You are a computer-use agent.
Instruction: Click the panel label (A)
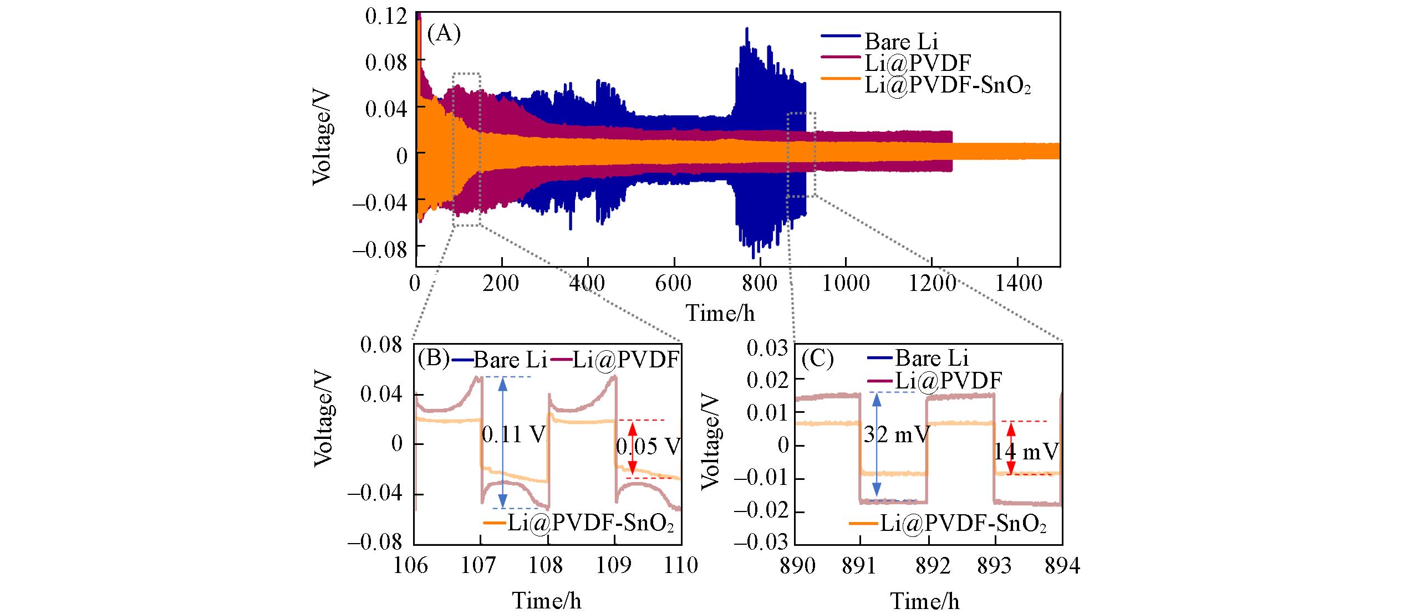[444, 34]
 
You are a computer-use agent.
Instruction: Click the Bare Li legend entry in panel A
[901, 42]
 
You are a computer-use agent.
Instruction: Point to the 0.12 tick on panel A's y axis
[386, 16]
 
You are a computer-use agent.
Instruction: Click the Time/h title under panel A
[720, 314]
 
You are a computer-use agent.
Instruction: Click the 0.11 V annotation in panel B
[514, 435]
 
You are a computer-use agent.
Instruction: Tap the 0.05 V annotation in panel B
[648, 447]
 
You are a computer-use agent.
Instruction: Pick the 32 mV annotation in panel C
[896, 435]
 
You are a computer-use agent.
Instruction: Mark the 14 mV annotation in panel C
[1026, 452]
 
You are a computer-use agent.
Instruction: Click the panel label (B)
[433, 359]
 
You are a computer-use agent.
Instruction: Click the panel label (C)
[817, 359]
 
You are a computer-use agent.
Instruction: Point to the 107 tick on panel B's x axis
[481, 566]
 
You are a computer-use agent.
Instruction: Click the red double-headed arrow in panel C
[1011, 448]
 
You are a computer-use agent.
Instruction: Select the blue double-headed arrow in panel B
[502, 442]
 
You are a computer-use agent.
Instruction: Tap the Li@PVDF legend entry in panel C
[948, 380]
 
